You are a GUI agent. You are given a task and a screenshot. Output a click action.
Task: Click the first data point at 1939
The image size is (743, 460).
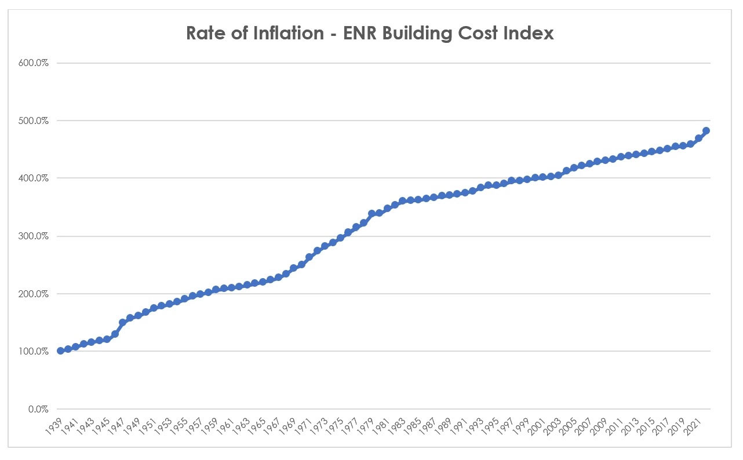pos(60,351)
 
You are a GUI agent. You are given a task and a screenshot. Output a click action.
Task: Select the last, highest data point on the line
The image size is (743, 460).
pos(706,131)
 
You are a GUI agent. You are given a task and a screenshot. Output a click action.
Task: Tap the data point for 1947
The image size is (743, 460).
pos(122,322)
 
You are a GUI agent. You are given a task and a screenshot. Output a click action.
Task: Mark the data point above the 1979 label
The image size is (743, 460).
pos(371,213)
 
